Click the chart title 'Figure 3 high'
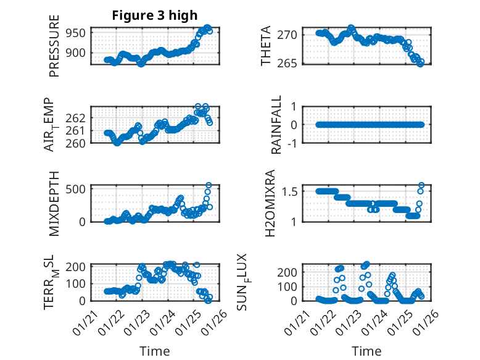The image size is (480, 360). tap(155, 15)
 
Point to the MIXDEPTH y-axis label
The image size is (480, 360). tap(54, 203)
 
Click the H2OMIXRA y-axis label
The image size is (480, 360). tap(270, 203)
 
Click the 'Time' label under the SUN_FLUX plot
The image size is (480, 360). tap(366, 351)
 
